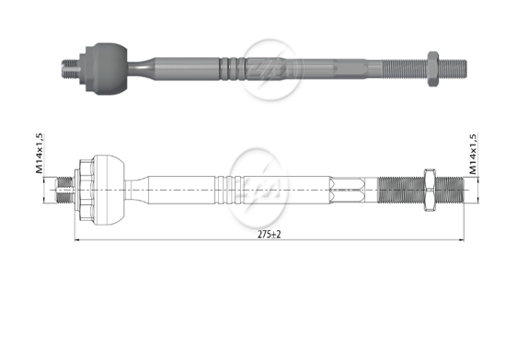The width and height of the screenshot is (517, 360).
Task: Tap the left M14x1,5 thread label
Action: point(40,153)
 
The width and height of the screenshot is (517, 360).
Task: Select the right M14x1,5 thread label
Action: point(474,152)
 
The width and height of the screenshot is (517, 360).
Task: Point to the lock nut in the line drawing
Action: point(429,189)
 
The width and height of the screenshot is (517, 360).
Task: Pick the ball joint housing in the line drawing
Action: point(101,189)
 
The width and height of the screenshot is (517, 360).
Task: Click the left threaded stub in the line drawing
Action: point(65,189)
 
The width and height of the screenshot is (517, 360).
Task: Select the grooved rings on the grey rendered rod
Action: point(234,65)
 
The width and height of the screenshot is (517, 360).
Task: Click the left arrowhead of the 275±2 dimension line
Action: point(75,242)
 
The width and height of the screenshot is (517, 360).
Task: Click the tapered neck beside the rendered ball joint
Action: point(138,65)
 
